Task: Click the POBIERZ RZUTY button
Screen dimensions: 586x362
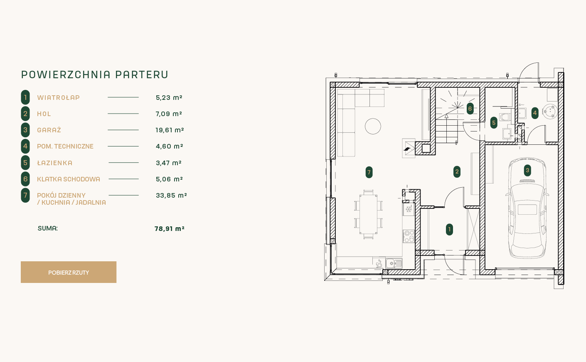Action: pyautogui.click(x=69, y=272)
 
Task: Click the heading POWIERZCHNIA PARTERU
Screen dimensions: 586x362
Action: pyautogui.click(x=95, y=74)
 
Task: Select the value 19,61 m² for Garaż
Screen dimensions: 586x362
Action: pyautogui.click(x=170, y=130)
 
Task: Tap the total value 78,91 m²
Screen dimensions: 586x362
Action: pyautogui.click(x=170, y=229)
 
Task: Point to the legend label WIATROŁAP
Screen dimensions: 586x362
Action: pyautogui.click(x=58, y=97)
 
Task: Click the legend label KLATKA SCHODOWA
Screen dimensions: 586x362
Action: pyautogui.click(x=69, y=179)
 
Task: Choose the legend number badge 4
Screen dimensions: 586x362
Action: pyautogui.click(x=25, y=146)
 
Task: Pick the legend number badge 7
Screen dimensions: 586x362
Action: pyautogui.click(x=25, y=196)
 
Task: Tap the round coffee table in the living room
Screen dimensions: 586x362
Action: pyautogui.click(x=373, y=126)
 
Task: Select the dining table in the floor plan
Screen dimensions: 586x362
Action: pyautogui.click(x=368, y=214)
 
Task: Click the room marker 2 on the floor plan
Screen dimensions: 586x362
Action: pyautogui.click(x=457, y=171)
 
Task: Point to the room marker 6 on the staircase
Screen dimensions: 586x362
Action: pyautogui.click(x=470, y=109)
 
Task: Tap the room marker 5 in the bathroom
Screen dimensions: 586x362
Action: pyautogui.click(x=494, y=123)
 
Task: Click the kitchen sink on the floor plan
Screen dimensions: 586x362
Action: pyautogui.click(x=394, y=263)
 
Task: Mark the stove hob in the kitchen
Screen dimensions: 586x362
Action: pyautogui.click(x=409, y=236)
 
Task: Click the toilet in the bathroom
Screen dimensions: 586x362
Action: pyautogui.click(x=505, y=117)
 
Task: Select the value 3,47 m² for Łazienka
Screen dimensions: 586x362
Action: pyautogui.click(x=169, y=163)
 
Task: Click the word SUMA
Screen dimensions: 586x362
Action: pyautogui.click(x=48, y=228)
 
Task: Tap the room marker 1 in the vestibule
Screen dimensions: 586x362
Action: pyautogui.click(x=449, y=229)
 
